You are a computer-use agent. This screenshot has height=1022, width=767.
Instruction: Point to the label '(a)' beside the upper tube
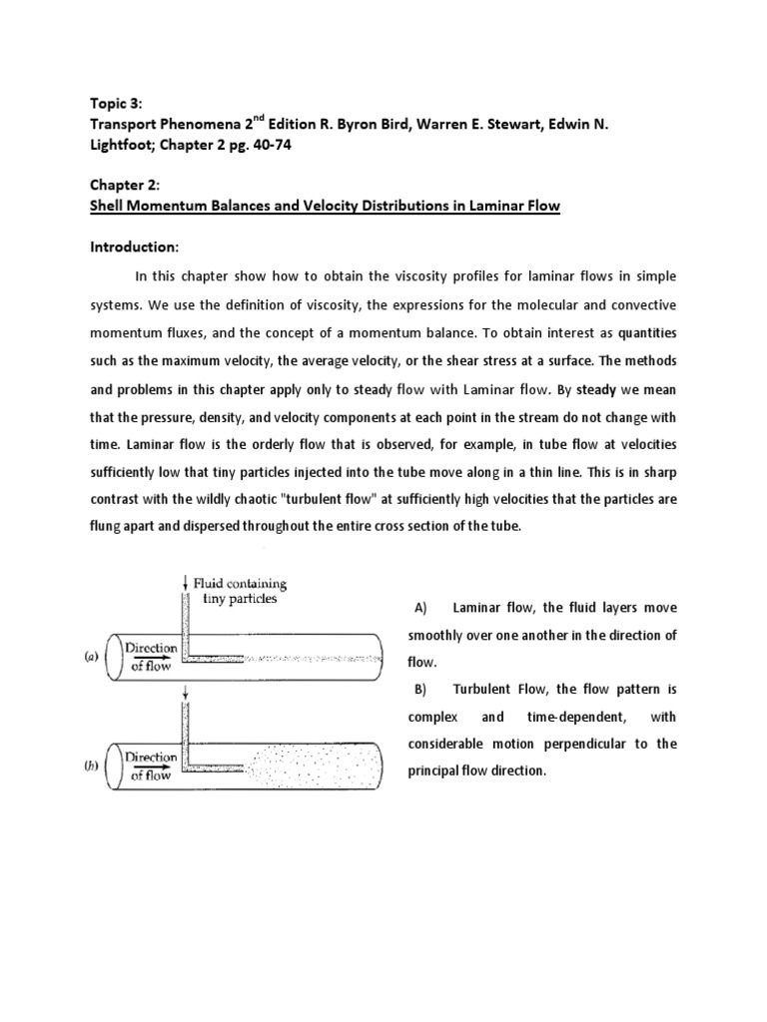pyautogui.click(x=91, y=655)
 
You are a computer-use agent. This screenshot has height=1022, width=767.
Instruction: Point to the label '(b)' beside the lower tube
pyautogui.click(x=91, y=766)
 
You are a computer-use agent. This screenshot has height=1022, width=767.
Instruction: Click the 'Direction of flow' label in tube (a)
pyautogui.click(x=151, y=656)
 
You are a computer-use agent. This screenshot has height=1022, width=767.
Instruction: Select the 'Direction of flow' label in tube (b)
pyautogui.click(x=151, y=766)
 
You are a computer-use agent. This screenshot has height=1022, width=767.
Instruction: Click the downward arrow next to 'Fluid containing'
pyautogui.click(x=185, y=582)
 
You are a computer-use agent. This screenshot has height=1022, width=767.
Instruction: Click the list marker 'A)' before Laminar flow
pyautogui.click(x=419, y=608)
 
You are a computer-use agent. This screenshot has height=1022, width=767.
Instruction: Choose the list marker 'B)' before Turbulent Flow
pyautogui.click(x=419, y=690)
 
